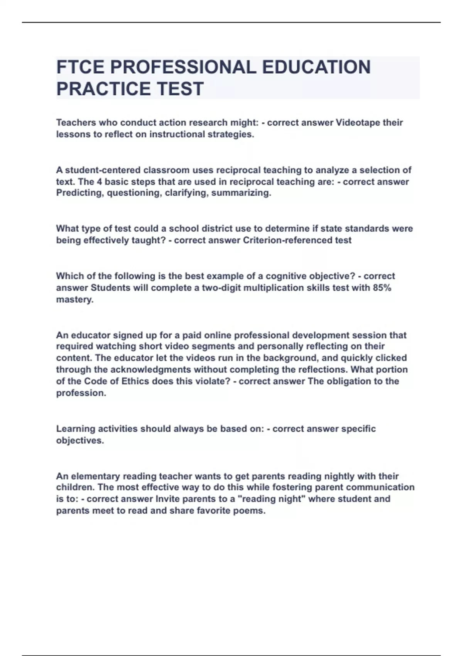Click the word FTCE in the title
[x=80, y=67]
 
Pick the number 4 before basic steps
[x=99, y=182]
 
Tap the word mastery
[x=74, y=300]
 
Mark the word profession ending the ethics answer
[x=81, y=393]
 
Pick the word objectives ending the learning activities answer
[x=79, y=441]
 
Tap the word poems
[x=252, y=511]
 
